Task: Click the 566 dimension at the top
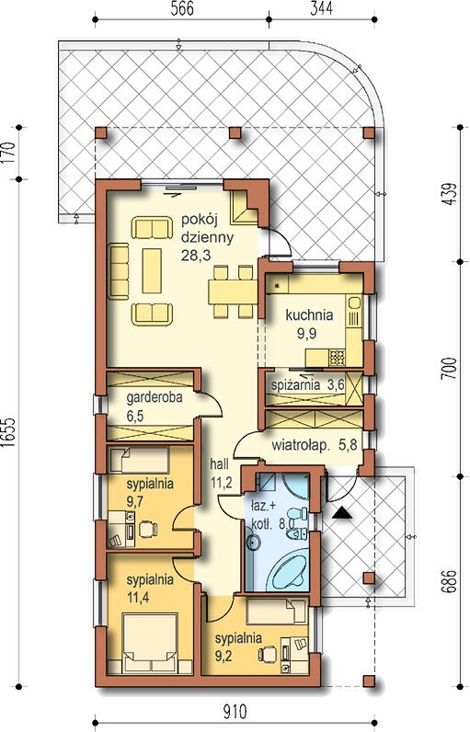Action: pos(182,9)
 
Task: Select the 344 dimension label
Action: pos(322,9)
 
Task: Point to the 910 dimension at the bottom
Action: pos(235,713)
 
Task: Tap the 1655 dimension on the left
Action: pos(9,433)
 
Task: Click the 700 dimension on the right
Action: pos(449,369)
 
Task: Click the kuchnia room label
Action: pos(309,315)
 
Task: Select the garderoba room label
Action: pos(155,398)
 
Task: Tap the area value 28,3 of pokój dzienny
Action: pos(197,256)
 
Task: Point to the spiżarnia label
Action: pos(295,385)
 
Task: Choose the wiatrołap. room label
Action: pos(301,445)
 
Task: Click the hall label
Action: pos(220,464)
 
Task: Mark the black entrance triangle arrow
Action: pos(343,513)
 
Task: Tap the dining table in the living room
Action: pos(233,292)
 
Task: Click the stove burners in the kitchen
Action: pos(337,358)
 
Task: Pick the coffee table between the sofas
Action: pos(152,270)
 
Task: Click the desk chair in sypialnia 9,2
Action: pos(268,654)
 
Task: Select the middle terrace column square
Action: pos(235,133)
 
